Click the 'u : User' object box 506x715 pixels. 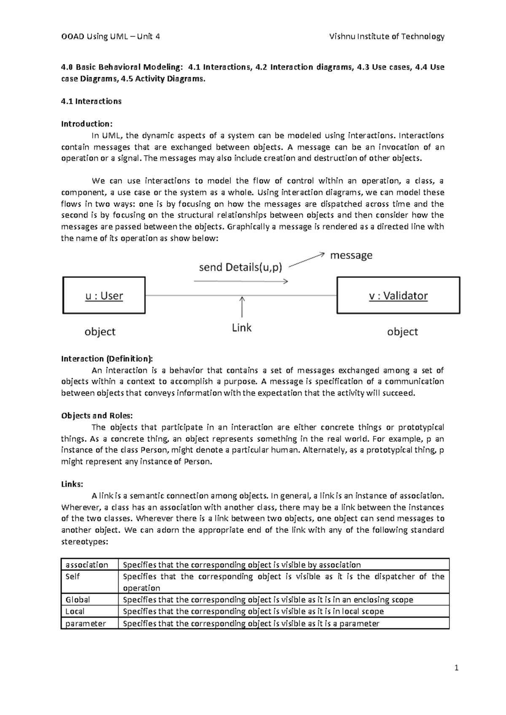[104, 296]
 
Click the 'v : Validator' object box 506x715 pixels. [398, 296]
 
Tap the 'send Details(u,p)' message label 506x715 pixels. [240, 267]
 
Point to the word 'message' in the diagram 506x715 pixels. [351, 255]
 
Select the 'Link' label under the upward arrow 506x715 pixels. [242, 328]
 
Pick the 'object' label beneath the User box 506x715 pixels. [100, 332]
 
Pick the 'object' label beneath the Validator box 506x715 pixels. [402, 332]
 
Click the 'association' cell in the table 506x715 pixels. [87, 565]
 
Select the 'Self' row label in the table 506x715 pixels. [73, 576]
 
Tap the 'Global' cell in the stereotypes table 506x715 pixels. [78, 599]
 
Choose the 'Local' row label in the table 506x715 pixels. [75, 611]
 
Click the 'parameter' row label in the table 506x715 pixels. [86, 623]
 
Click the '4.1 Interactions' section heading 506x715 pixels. [91, 101]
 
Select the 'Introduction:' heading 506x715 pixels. [87, 124]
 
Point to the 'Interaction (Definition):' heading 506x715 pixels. [107, 359]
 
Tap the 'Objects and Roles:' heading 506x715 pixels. [97, 415]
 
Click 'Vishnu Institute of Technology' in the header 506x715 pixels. [387, 37]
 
